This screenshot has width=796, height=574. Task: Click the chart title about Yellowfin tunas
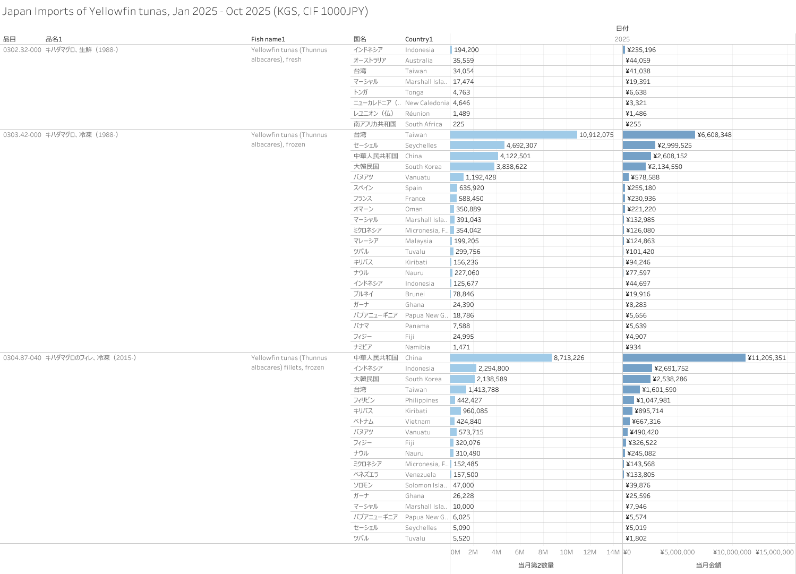click(x=185, y=11)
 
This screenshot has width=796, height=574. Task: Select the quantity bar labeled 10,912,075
click(x=513, y=135)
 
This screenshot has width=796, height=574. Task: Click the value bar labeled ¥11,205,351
click(x=684, y=358)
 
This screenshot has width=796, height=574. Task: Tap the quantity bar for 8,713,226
click(x=500, y=358)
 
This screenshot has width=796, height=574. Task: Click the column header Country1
click(x=419, y=39)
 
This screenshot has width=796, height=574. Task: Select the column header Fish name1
click(x=268, y=39)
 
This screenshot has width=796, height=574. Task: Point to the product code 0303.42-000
click(x=22, y=135)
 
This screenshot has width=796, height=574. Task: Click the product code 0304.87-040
click(x=22, y=358)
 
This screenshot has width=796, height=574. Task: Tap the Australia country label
click(x=418, y=61)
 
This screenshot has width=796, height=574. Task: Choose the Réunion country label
click(x=417, y=114)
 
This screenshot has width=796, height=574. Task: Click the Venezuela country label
click(x=420, y=475)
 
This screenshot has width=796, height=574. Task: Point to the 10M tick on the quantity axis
click(x=566, y=552)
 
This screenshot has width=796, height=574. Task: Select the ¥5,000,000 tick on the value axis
click(x=677, y=552)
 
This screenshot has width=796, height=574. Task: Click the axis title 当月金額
click(x=708, y=566)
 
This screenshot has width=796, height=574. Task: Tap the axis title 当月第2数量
click(x=536, y=566)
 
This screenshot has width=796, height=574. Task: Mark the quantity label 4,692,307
click(x=521, y=145)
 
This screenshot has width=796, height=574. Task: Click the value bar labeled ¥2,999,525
click(x=639, y=145)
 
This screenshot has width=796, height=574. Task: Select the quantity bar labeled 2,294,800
click(x=463, y=369)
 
